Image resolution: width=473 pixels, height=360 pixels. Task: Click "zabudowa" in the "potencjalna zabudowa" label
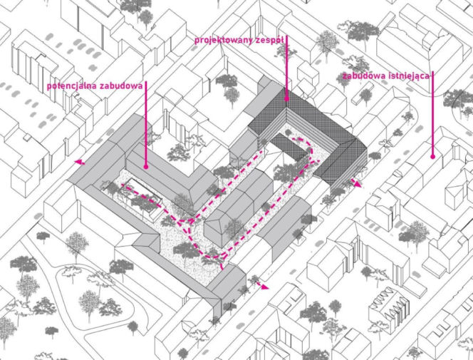pyautogui.click(x=121, y=86)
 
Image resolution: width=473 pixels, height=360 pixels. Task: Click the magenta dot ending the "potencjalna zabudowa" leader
pyautogui.click(x=146, y=167)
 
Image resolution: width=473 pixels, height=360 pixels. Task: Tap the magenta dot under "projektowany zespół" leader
pyautogui.click(x=286, y=98)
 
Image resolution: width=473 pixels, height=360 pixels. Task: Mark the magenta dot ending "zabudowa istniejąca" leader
pyautogui.click(x=432, y=157)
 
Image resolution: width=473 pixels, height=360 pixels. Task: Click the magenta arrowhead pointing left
pyautogui.click(x=79, y=163)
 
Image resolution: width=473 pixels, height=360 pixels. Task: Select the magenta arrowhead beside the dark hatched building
pyautogui.click(x=357, y=183)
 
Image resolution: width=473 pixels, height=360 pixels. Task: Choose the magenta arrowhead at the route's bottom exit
pyautogui.click(x=264, y=287)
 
